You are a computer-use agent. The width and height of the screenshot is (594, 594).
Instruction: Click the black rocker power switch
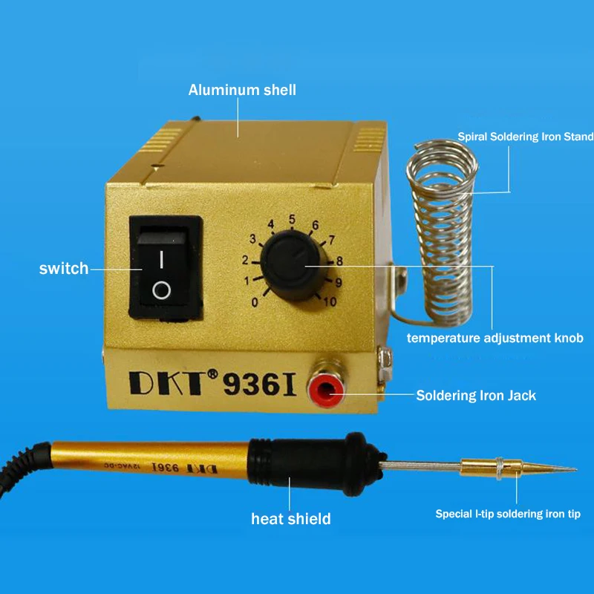tap(166, 268)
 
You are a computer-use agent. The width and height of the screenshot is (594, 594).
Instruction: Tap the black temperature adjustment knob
tap(294, 266)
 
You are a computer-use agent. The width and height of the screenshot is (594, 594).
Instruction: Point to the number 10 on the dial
tap(330, 301)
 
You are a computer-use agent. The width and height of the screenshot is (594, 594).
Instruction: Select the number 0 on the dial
tap(255, 302)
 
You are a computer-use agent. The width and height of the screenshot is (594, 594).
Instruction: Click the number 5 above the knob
tap(292, 219)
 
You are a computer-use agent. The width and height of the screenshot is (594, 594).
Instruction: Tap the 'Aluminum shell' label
tap(242, 90)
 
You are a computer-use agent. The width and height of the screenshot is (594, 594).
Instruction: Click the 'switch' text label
tap(64, 269)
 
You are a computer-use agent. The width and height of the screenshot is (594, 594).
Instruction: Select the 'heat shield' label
tap(291, 518)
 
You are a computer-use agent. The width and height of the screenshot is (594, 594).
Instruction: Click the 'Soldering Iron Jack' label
tap(476, 396)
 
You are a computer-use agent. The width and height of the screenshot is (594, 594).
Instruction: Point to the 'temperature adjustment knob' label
tap(495, 338)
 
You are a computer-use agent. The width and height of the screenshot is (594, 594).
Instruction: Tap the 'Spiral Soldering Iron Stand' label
tap(526, 137)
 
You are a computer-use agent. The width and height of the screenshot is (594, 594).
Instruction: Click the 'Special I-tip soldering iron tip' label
tap(508, 514)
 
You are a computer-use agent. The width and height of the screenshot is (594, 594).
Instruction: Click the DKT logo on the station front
tap(169, 383)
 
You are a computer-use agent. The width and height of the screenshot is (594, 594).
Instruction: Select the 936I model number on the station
tap(259, 384)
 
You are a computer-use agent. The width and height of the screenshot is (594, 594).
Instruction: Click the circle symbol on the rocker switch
tap(161, 290)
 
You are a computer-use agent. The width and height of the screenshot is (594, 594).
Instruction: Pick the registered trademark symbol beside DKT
tap(213, 374)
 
